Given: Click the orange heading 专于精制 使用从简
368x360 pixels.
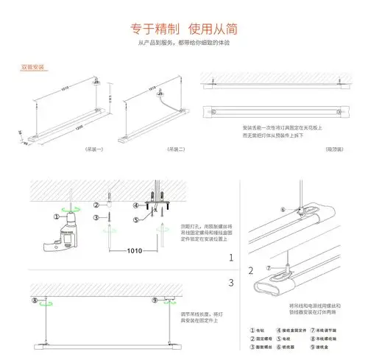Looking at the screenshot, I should (183, 30).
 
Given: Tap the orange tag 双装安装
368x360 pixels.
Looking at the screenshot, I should (33, 67).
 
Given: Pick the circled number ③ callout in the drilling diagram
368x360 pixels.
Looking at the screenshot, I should (96, 219).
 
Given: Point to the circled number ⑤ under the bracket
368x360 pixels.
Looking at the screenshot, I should (136, 219).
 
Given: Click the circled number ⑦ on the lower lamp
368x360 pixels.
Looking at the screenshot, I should (268, 268).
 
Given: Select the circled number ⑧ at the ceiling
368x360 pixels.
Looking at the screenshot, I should (35, 300).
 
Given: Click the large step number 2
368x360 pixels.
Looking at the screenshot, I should (230, 271).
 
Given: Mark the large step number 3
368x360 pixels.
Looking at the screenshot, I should (230, 282).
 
